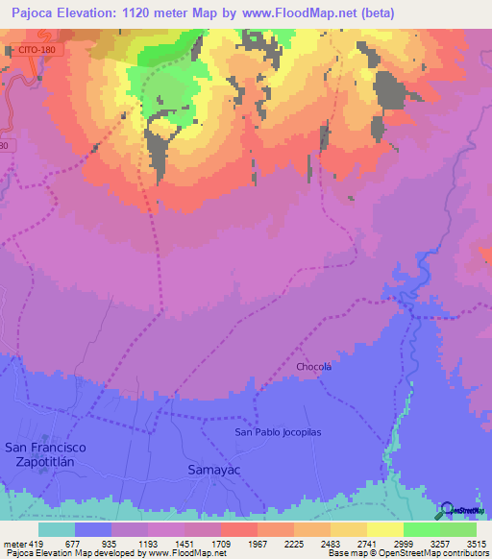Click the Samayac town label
(209, 470)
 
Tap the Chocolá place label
(314, 367)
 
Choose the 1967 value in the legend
(258, 543)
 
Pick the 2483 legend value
(331, 543)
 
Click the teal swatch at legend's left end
(57, 529)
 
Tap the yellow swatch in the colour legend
(384, 529)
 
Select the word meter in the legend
(13, 543)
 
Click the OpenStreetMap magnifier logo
(447, 510)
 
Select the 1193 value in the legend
(148, 543)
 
